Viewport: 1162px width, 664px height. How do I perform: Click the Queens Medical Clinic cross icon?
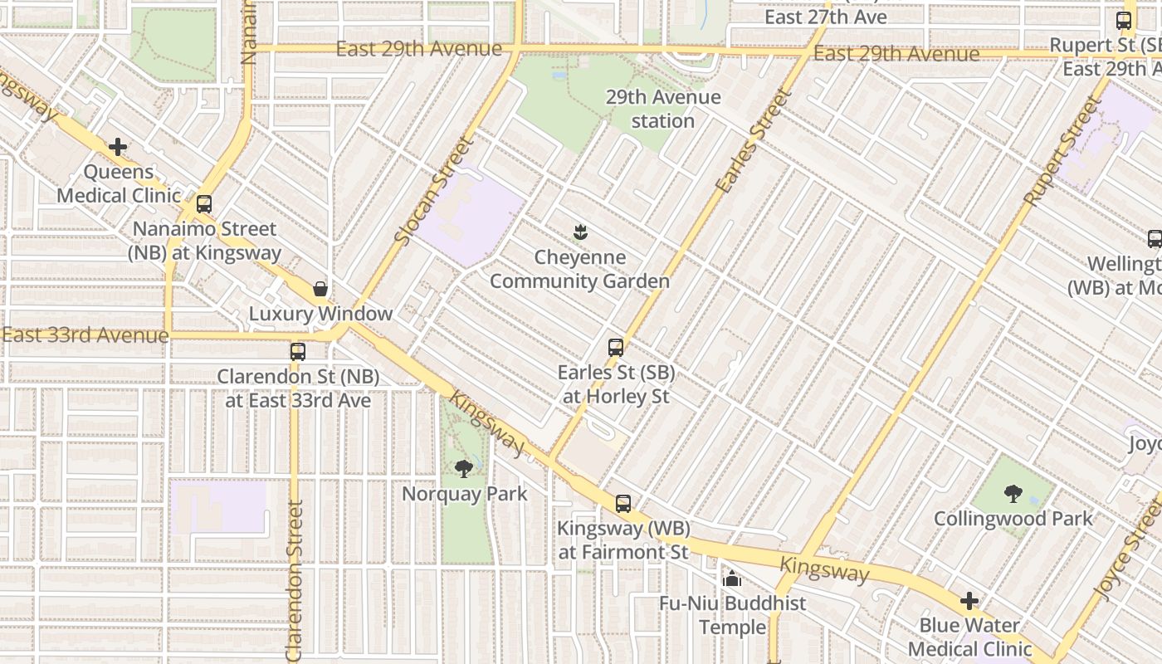click(x=118, y=148)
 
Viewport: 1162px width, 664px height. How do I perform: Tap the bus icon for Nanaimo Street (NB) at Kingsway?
click(x=204, y=204)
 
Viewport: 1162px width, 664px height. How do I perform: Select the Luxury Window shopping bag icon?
click(x=320, y=289)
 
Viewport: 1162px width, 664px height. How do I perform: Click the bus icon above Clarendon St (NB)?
click(x=298, y=352)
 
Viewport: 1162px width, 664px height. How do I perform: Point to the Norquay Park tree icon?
click(x=464, y=469)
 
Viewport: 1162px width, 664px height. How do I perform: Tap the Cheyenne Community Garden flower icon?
click(x=580, y=232)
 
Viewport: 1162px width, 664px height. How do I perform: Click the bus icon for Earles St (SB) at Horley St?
click(x=616, y=348)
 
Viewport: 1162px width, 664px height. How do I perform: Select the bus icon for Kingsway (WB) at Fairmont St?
click(x=623, y=504)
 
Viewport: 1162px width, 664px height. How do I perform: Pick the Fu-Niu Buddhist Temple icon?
click(x=732, y=579)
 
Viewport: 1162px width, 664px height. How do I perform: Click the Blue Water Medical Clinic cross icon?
click(x=969, y=601)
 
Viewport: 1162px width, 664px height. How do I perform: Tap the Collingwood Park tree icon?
click(x=1013, y=494)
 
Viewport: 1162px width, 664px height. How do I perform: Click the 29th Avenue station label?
click(x=662, y=109)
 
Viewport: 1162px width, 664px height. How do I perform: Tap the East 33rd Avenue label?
click(x=85, y=335)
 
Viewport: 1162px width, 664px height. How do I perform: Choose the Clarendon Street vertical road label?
click(x=295, y=581)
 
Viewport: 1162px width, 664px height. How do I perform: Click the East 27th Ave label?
click(x=825, y=17)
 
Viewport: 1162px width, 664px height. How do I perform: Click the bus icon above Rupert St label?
click(x=1124, y=21)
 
